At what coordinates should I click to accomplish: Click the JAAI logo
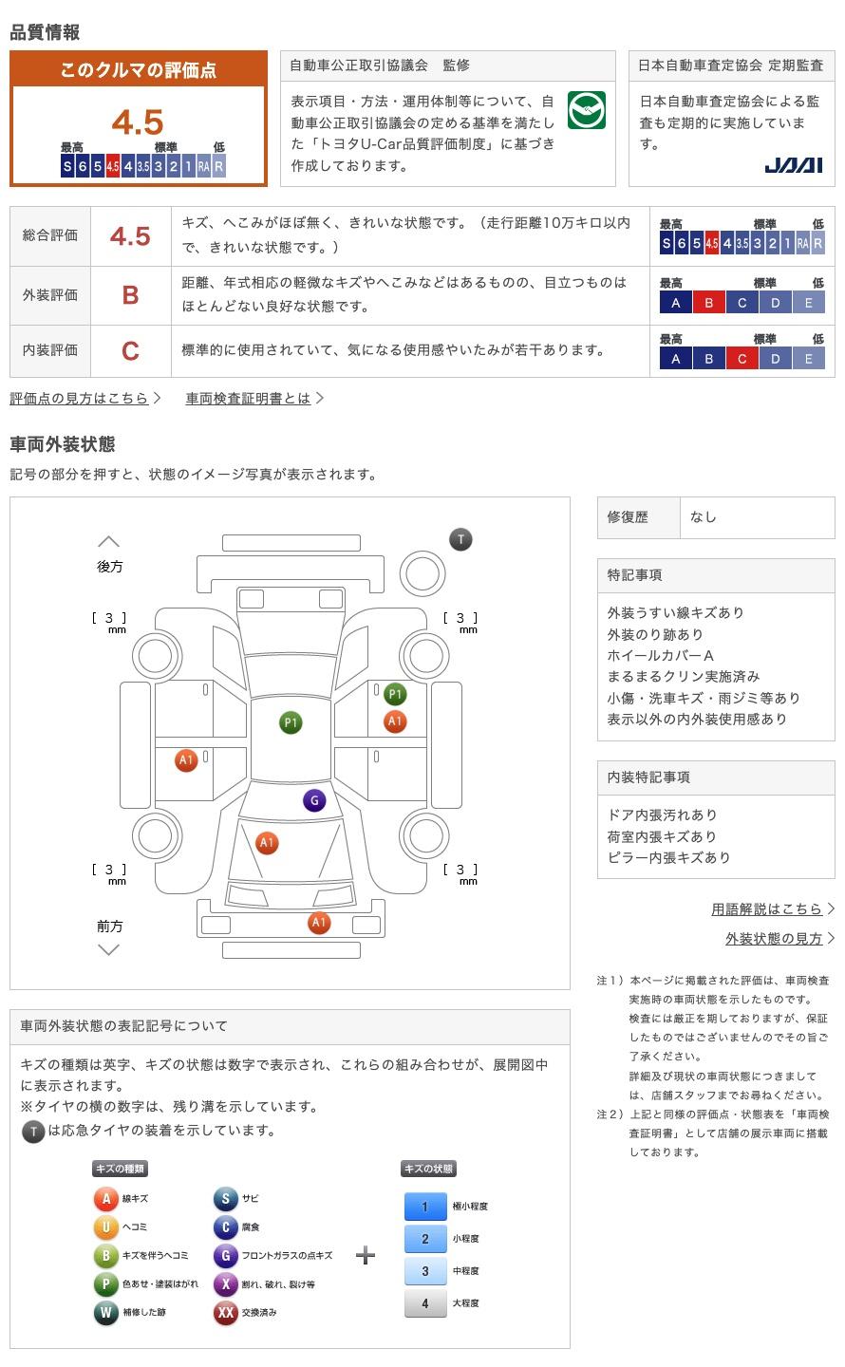(x=793, y=165)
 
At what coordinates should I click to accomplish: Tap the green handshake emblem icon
(x=586, y=110)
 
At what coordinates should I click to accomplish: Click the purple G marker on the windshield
(x=314, y=800)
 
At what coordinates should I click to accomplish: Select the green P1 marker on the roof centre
(x=291, y=722)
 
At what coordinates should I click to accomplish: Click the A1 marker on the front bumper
(x=319, y=922)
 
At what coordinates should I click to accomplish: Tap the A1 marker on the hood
(x=267, y=843)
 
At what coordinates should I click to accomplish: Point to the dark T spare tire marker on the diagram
(x=460, y=539)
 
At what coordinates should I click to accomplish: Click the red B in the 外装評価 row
(x=131, y=295)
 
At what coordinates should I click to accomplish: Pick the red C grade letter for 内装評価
(x=131, y=351)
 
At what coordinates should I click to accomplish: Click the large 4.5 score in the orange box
(x=138, y=122)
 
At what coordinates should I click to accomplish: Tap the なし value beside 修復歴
(x=703, y=516)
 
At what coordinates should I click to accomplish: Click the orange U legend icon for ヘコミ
(x=105, y=1227)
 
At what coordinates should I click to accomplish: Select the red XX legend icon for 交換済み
(x=225, y=1312)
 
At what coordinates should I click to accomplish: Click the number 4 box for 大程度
(x=425, y=1303)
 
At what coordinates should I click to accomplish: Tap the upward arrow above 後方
(x=108, y=541)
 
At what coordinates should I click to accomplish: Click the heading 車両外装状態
(x=63, y=443)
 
